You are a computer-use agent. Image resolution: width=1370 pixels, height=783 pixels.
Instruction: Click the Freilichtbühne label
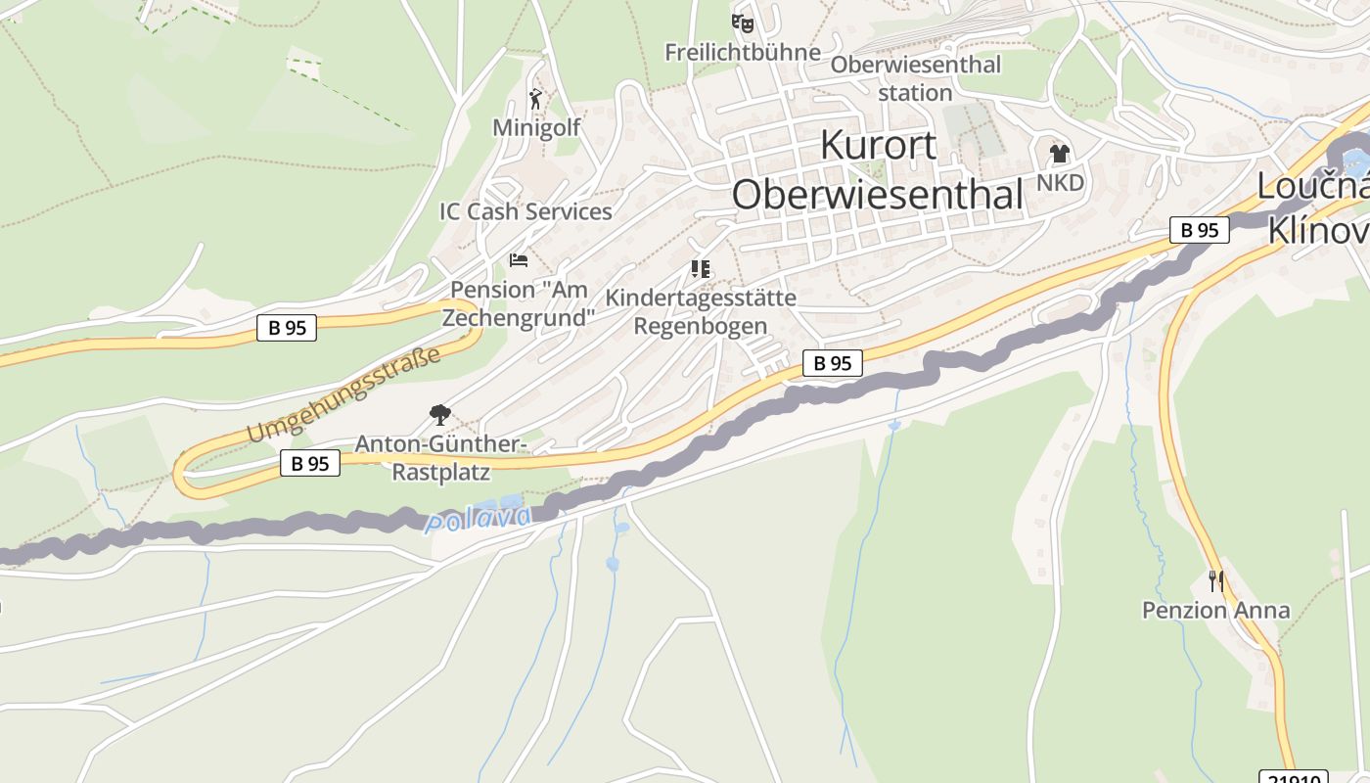pyautogui.click(x=743, y=52)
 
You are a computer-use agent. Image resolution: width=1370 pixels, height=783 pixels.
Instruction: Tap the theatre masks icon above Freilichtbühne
pyautogui.click(x=743, y=22)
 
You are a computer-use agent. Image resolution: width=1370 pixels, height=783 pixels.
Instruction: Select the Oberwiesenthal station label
pyautogui.click(x=915, y=78)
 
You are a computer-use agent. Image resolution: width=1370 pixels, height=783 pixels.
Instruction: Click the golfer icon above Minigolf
pyautogui.click(x=535, y=99)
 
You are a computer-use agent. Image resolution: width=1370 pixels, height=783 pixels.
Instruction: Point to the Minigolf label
pyautogui.click(x=535, y=127)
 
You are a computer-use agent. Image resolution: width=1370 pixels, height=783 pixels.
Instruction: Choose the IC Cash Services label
pyautogui.click(x=525, y=211)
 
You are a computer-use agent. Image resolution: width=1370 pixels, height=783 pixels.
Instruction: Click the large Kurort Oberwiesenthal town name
pyautogui.click(x=878, y=169)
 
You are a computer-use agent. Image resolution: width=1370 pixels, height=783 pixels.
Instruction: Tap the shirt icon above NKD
pyautogui.click(x=1059, y=154)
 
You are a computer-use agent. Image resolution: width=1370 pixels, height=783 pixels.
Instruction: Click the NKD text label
pyautogui.click(x=1060, y=183)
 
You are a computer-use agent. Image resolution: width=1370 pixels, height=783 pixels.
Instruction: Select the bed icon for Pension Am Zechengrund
pyautogui.click(x=519, y=260)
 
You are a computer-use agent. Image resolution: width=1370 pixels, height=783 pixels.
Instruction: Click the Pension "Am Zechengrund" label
pyautogui.click(x=519, y=303)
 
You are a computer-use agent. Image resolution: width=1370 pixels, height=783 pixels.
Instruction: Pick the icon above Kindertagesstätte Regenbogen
pyautogui.click(x=701, y=268)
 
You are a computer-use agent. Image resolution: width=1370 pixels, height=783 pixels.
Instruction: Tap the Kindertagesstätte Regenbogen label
pyautogui.click(x=701, y=311)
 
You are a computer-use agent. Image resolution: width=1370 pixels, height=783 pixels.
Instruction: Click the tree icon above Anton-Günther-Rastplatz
pyautogui.click(x=440, y=415)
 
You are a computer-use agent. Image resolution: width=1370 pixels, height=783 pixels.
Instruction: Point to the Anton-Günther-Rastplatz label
pyautogui.click(x=440, y=458)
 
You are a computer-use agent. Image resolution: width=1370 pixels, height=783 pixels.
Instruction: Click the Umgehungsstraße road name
pyautogui.click(x=342, y=394)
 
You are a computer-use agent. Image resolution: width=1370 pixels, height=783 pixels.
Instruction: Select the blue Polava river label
pyautogui.click(x=479, y=519)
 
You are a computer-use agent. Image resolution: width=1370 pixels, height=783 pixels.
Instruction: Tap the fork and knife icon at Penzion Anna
pyautogui.click(x=1215, y=581)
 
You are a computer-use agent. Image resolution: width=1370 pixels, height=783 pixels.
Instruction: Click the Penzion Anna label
pyautogui.click(x=1215, y=611)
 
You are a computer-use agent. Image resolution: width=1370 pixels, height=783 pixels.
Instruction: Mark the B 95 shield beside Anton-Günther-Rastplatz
pyautogui.click(x=310, y=463)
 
